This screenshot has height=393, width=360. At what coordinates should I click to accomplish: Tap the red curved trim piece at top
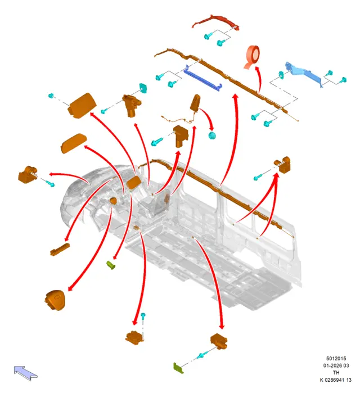(x=215, y=21)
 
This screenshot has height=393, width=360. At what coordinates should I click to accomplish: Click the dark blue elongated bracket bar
(x=202, y=78)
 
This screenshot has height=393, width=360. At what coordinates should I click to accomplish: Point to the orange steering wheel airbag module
(x=55, y=300)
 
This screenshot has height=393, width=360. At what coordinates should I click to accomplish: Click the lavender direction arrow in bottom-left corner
(x=25, y=373)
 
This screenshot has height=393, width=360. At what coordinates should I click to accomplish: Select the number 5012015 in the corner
(x=336, y=358)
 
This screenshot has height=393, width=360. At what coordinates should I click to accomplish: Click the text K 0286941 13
(x=336, y=380)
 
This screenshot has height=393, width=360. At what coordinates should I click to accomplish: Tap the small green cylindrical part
(x=111, y=265)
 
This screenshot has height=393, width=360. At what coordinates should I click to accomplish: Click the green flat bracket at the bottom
(x=178, y=368)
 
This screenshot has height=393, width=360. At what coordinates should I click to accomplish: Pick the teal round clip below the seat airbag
(x=212, y=135)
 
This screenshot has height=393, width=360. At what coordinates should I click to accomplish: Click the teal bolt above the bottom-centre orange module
(x=143, y=316)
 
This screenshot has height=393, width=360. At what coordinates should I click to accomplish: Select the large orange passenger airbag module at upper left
(x=82, y=105)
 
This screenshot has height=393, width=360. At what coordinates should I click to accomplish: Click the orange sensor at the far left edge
(x=28, y=174)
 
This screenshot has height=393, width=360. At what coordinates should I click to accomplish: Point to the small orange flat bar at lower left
(x=60, y=250)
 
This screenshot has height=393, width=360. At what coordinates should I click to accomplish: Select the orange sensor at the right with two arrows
(x=283, y=164)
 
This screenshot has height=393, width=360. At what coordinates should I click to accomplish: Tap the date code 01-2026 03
(x=336, y=365)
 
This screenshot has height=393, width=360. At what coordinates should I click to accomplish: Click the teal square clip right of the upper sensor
(x=143, y=88)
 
